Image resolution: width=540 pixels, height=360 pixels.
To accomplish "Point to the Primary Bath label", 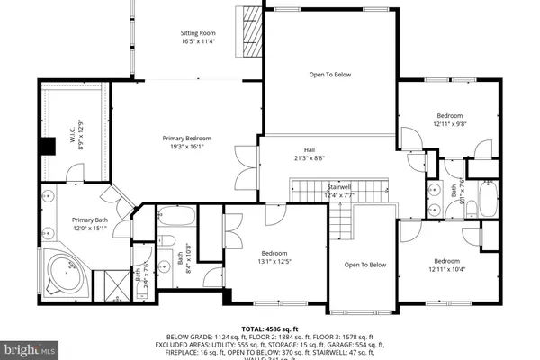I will coord(90,223).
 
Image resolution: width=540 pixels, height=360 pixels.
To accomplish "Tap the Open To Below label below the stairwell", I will coord(365,265).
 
